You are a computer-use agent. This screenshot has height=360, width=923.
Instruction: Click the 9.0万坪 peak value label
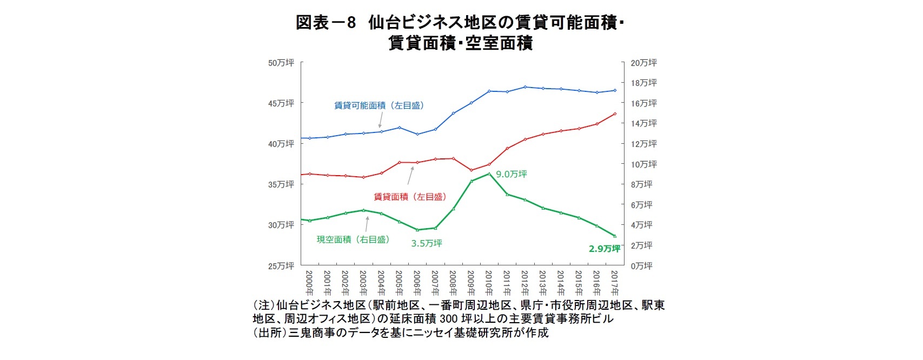(x=511, y=174)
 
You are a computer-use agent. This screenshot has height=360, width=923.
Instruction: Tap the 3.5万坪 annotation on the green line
(x=426, y=243)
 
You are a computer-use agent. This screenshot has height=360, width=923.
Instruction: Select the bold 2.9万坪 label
(x=604, y=249)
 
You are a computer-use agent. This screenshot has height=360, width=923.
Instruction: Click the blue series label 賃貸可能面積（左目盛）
(x=379, y=106)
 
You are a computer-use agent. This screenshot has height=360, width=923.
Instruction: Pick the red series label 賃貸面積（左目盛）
(x=410, y=197)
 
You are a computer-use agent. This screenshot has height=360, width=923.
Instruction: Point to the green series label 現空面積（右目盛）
(x=353, y=239)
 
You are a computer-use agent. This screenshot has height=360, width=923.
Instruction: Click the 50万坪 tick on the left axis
(x=281, y=63)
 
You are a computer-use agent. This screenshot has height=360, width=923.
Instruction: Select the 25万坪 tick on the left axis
(x=281, y=266)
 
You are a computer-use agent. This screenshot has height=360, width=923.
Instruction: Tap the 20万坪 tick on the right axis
(x=643, y=63)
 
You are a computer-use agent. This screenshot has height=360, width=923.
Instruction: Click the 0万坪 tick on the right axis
(x=641, y=266)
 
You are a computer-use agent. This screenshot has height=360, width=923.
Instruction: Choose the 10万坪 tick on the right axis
(x=643, y=164)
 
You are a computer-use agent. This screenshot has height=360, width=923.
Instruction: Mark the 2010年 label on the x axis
(x=489, y=282)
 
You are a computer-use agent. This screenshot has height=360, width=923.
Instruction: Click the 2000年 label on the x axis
(x=309, y=282)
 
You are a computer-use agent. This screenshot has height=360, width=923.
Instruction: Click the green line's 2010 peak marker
(x=489, y=174)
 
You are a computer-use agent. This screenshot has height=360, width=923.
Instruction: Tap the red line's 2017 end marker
(x=615, y=114)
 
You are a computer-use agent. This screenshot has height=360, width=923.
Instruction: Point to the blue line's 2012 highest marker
(x=525, y=87)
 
